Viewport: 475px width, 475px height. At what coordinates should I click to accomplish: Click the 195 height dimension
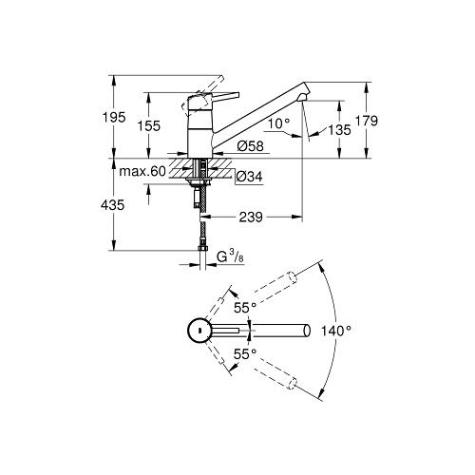point(114,118)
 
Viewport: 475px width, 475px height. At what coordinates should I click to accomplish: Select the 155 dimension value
point(149,126)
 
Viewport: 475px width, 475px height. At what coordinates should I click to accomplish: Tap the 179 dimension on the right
point(367,121)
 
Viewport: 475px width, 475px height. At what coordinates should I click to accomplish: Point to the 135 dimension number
point(339,130)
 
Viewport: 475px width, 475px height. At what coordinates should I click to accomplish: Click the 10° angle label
point(279,123)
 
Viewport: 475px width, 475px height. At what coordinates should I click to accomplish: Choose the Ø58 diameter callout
point(250,146)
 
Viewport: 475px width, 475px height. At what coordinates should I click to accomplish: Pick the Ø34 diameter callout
point(250,177)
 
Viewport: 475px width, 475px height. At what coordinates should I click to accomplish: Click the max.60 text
point(142,172)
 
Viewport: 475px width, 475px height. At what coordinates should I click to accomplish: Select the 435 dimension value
point(112,205)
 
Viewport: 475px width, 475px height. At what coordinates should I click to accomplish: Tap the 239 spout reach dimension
point(251,218)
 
